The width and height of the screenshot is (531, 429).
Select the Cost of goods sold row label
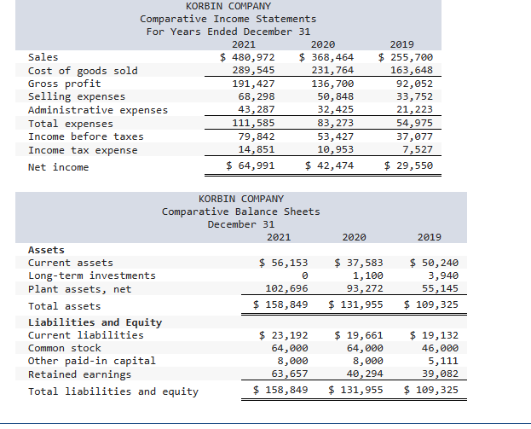pyautogui.click(x=83, y=71)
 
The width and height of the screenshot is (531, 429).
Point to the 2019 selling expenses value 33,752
pyautogui.click(x=413, y=96)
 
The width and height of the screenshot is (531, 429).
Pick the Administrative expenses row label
pyautogui.click(x=98, y=110)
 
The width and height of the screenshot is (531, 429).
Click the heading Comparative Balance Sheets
pyautogui.click(x=241, y=212)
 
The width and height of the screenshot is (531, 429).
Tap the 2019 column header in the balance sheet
pyautogui.click(x=430, y=237)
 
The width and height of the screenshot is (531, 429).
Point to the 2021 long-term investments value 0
pyautogui.click(x=304, y=275)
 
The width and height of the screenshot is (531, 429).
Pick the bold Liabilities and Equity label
pyautogui.click(x=95, y=322)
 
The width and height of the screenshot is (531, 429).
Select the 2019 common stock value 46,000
pyautogui.click(x=440, y=348)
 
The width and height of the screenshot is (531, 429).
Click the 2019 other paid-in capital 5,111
pyautogui.click(x=443, y=361)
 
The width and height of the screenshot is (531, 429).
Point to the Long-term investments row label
pyautogui.click(x=92, y=275)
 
